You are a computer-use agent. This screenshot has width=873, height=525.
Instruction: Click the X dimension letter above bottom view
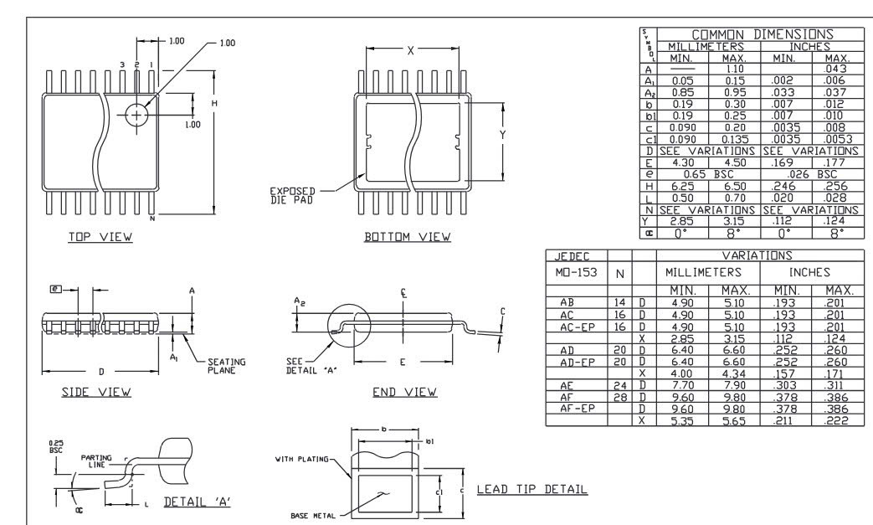(x=409, y=50)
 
